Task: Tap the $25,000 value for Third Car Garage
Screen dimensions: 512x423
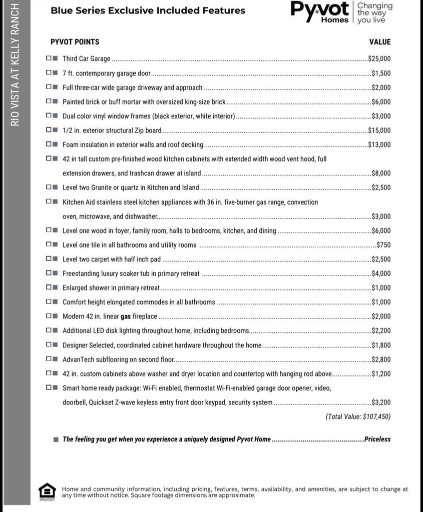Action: point(379,58)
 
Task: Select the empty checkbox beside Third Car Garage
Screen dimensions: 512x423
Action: point(49,58)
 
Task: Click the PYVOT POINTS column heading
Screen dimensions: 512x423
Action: point(75,42)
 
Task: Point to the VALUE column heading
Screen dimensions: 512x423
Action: point(380,42)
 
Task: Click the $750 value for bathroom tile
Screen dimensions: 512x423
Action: point(383,245)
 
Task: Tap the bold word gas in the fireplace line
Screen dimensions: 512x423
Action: point(126,316)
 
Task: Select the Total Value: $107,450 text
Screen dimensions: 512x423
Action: point(358,416)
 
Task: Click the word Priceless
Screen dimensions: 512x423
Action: point(377,439)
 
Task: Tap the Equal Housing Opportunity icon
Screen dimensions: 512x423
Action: point(47,491)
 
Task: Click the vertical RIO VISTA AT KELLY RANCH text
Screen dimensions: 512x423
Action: point(15,65)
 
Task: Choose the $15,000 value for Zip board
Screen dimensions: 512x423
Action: point(379,130)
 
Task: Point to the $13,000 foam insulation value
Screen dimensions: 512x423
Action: point(379,145)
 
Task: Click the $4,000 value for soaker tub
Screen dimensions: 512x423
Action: point(381,273)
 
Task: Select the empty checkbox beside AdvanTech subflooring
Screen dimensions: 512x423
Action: point(49,359)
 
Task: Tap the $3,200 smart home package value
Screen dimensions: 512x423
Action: point(381,402)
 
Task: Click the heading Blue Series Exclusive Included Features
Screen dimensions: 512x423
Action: point(148,10)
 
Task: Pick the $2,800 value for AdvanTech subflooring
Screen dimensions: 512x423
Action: point(381,359)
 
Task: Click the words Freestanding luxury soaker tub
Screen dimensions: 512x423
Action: point(106,273)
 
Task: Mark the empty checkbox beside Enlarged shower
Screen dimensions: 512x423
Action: point(49,287)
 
